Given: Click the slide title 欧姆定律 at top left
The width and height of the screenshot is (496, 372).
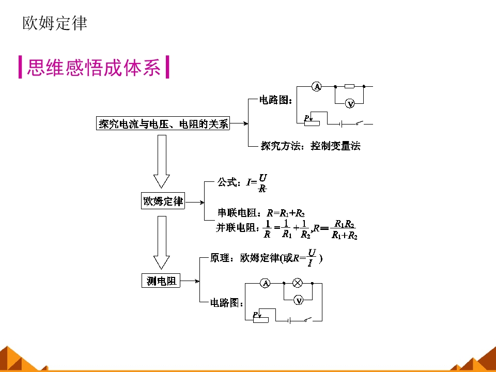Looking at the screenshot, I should point(55,23).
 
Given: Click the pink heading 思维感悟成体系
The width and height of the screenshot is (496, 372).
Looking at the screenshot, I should point(94,68).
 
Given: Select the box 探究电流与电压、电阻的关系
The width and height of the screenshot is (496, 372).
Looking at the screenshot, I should point(163,124).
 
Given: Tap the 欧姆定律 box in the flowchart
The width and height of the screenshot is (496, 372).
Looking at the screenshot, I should point(163,201).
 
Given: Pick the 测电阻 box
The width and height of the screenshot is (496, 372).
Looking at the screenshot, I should point(161,281).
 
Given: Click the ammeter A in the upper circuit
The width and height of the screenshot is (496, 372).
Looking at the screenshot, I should point(317,87).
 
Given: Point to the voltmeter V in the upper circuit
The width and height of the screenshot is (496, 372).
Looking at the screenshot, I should point(350,104).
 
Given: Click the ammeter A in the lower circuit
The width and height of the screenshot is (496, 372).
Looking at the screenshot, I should point(265,283).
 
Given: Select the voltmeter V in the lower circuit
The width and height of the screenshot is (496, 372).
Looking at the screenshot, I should point(298,300).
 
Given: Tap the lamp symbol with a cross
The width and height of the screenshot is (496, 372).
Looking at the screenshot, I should point(298,283).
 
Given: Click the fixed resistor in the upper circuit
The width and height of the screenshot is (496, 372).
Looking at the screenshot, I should point(350,87).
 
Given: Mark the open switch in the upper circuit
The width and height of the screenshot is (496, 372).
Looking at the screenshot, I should point(361,123).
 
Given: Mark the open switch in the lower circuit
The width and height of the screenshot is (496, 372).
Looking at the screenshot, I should point(308,320).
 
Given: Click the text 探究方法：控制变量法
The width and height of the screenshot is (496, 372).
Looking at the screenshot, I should point(311,146).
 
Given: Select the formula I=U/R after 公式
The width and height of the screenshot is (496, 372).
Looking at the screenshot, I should point(257,182).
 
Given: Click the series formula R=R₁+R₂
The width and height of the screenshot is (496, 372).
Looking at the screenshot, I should point(285,213).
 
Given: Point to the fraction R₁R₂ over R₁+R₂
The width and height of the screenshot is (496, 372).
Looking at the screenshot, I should point(345,230).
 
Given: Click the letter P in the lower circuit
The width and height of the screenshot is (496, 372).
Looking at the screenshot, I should point(255,315).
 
